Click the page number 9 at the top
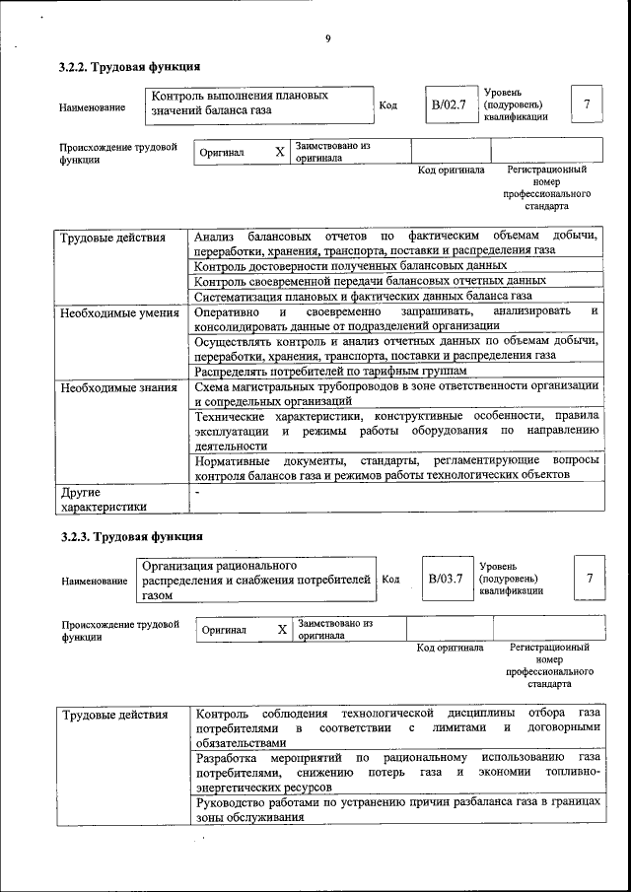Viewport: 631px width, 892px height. [x=326, y=39]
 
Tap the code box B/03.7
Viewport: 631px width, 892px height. [x=445, y=579]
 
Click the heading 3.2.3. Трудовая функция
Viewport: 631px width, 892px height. [x=131, y=537]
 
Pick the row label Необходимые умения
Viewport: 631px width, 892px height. [x=118, y=313]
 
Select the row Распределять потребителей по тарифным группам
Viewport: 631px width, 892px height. [x=329, y=371]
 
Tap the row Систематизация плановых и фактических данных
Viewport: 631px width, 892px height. [x=363, y=295]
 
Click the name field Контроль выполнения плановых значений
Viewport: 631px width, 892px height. [x=252, y=104]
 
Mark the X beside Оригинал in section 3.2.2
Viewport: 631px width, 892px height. [x=279, y=153]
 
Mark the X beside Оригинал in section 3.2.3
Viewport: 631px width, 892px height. [x=281, y=629]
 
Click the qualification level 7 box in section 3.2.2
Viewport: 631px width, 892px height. [x=587, y=104]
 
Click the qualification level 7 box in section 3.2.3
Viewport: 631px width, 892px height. [x=590, y=579]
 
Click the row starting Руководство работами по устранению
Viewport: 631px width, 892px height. [x=396, y=809]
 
